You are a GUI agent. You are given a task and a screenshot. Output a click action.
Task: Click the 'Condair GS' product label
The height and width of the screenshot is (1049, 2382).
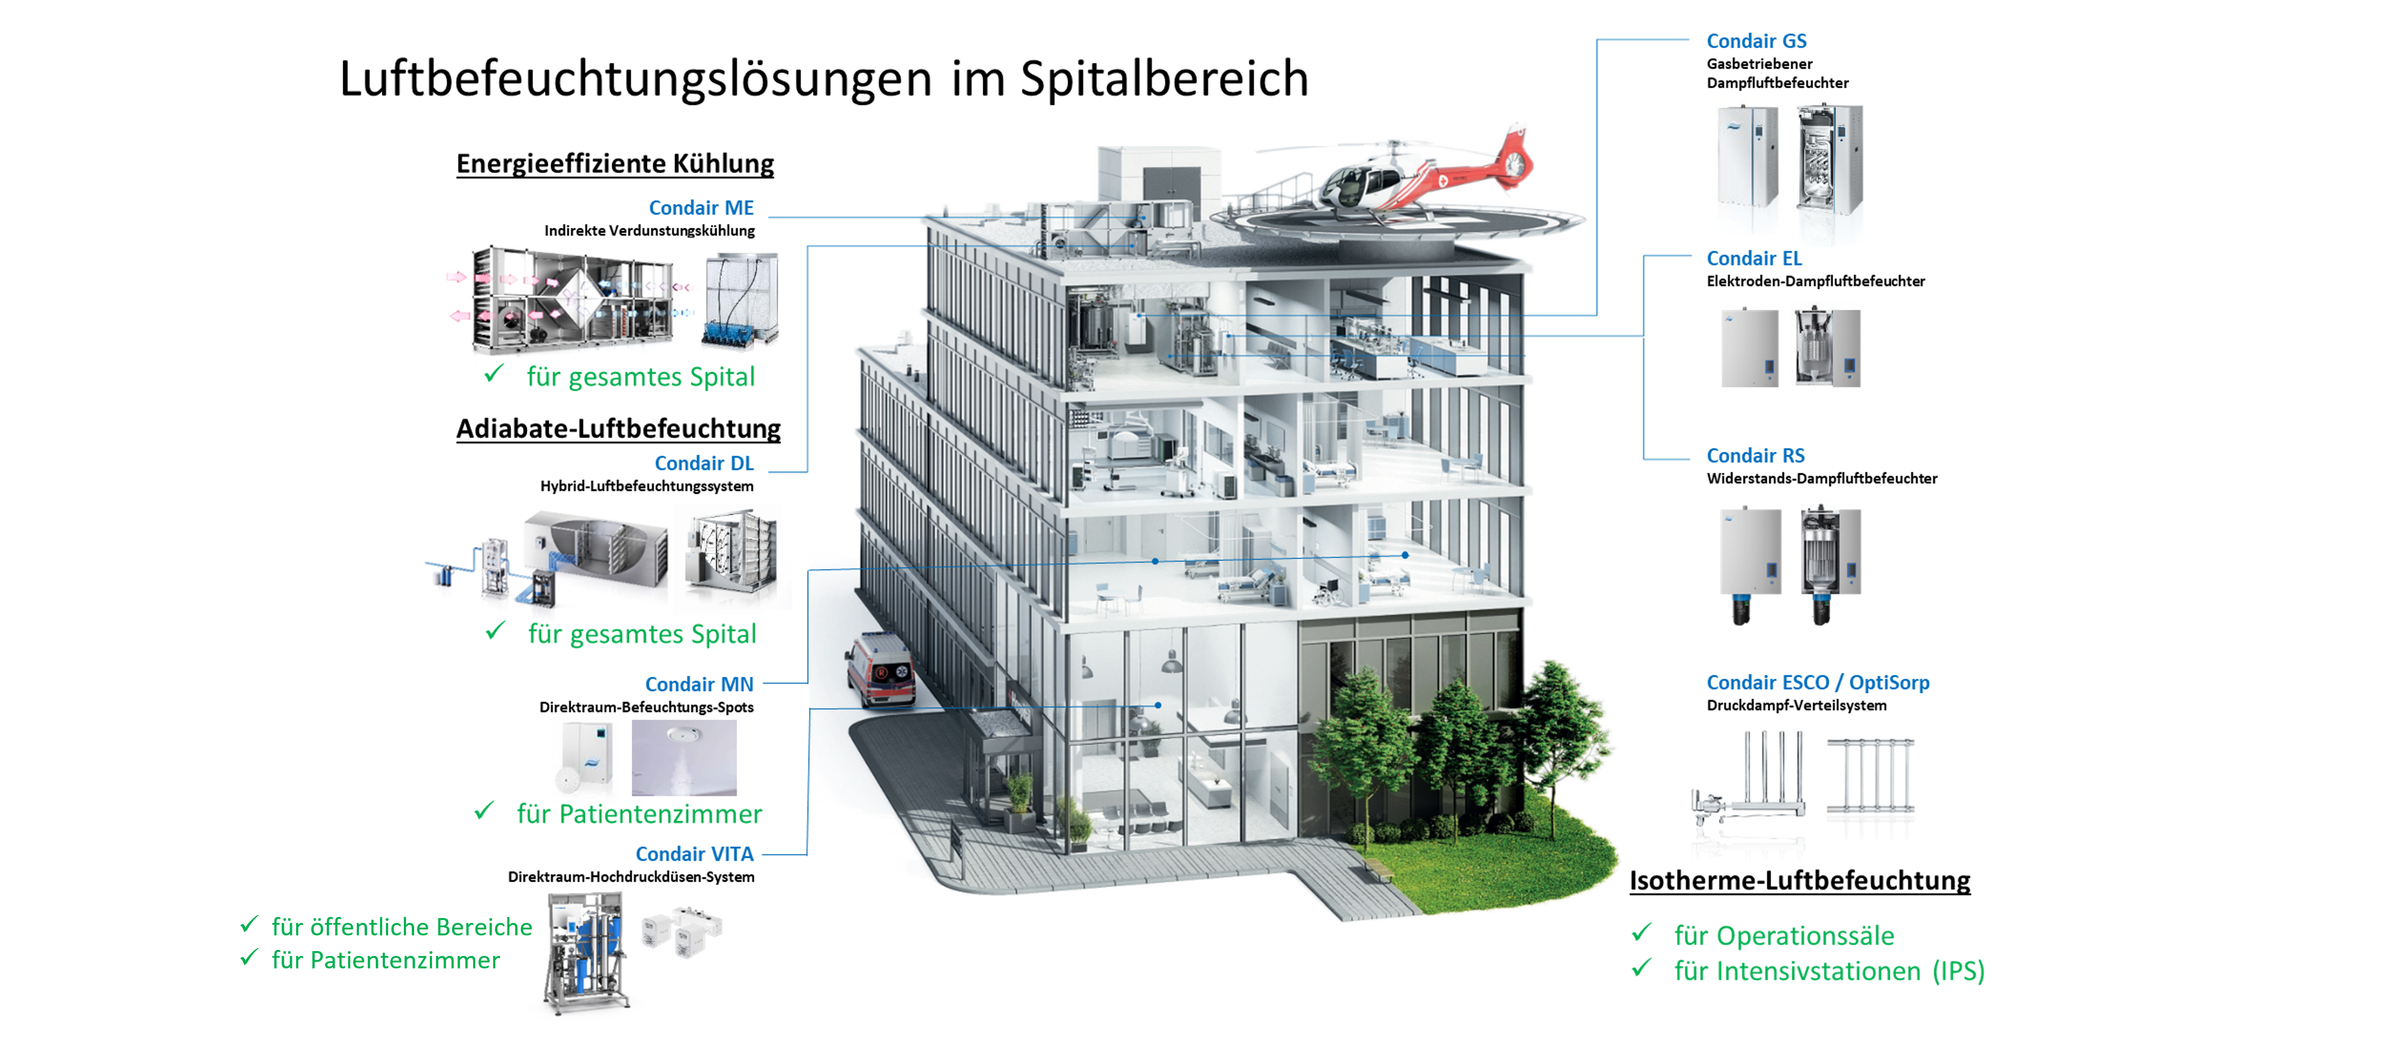[1755, 41]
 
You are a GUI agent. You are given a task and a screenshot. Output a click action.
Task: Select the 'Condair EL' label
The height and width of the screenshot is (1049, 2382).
[1753, 258]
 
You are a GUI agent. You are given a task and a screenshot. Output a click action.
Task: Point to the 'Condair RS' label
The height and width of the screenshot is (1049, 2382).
[1754, 456]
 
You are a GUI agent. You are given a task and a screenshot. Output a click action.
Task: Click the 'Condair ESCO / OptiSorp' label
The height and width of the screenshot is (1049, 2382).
[1817, 682]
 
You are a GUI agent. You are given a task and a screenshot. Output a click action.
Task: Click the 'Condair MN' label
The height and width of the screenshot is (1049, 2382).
[698, 684]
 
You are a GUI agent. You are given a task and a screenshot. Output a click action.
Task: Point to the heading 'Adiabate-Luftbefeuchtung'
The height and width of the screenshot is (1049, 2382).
[618, 429]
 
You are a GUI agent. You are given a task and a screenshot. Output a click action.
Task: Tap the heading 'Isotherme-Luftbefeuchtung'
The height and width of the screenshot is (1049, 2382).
[1798, 880]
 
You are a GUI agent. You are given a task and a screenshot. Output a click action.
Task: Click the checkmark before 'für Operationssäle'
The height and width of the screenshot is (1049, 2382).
[1641, 933]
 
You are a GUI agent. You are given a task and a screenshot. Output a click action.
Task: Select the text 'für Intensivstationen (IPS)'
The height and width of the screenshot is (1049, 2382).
[1828, 971]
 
